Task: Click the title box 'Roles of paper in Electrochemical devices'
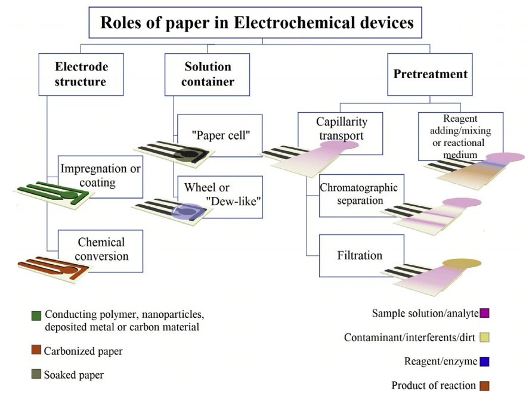256,23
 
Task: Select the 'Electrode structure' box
81,74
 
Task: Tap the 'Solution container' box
207,74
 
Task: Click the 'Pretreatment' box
430,74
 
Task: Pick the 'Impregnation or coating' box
100,176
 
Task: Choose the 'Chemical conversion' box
101,249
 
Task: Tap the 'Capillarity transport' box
341,128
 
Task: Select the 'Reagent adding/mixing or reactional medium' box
460,137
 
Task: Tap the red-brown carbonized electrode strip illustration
54,267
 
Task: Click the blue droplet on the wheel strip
188,211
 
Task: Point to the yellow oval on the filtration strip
462,263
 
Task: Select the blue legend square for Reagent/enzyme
484,361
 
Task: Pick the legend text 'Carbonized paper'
83,351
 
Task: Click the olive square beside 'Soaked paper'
36,375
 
